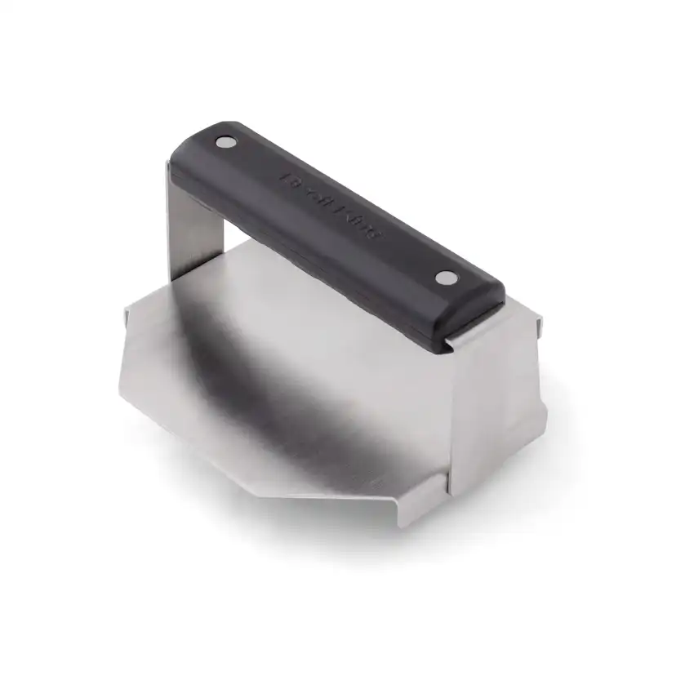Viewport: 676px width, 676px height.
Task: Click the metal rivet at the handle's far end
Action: pos(223,143)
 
